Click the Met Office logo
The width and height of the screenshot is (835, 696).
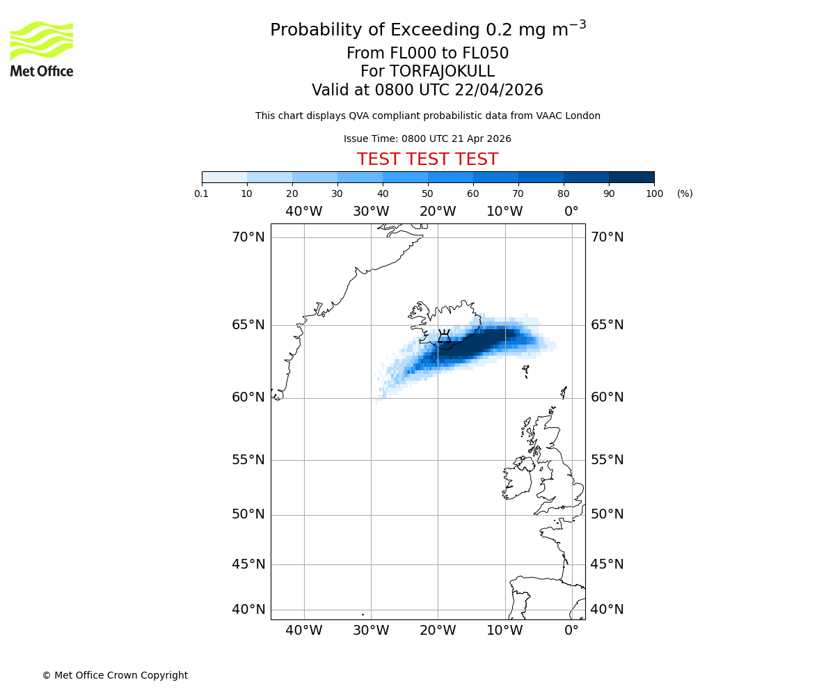tap(42, 49)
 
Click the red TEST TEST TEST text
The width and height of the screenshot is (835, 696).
tap(427, 159)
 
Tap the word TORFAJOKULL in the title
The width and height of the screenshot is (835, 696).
tap(442, 72)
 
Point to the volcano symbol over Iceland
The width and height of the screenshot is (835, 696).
tap(444, 338)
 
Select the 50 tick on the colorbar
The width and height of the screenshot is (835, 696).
tap(428, 193)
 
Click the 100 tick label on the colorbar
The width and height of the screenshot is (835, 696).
tap(654, 193)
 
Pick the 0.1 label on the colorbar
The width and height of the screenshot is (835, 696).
tap(202, 193)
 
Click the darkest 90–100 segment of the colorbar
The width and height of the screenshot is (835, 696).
tap(631, 177)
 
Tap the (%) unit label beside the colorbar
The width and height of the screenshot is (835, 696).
tap(685, 193)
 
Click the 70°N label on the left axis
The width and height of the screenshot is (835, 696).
tap(248, 237)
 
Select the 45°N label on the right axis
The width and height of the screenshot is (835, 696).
tap(607, 564)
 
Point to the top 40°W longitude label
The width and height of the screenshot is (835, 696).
tap(304, 212)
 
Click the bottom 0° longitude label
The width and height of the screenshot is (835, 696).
tap(571, 631)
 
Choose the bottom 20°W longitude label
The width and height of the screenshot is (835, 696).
tap(438, 631)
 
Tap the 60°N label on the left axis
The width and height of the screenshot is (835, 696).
tap(248, 397)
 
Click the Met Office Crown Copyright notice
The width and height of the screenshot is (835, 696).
tap(115, 675)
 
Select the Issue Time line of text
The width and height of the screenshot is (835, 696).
tap(427, 139)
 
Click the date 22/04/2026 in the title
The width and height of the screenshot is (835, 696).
tap(499, 90)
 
